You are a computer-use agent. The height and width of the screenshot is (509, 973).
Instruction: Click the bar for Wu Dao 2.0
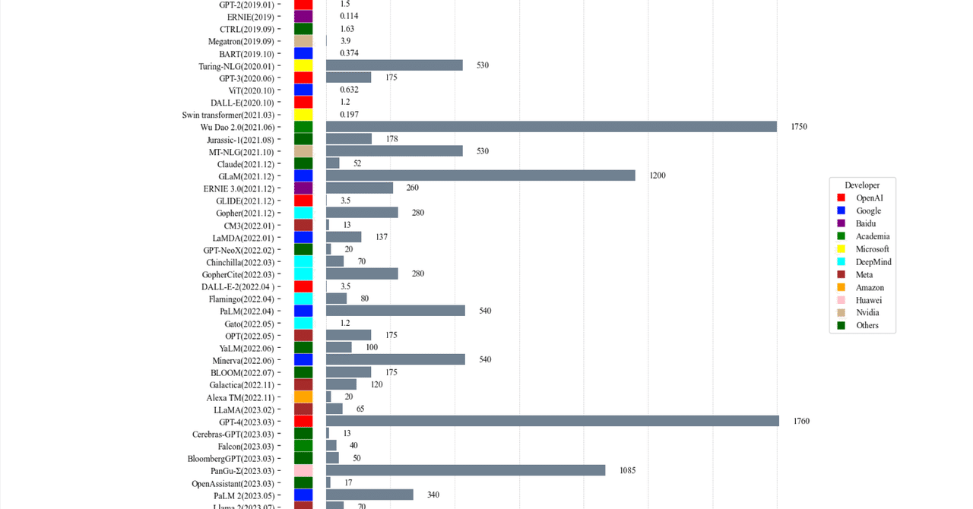click(x=551, y=127)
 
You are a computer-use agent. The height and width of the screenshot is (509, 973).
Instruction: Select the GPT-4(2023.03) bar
click(x=553, y=421)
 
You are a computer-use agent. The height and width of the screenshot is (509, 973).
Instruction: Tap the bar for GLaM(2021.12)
click(x=480, y=175)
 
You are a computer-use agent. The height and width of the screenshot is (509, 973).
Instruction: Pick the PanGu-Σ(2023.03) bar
click(x=465, y=470)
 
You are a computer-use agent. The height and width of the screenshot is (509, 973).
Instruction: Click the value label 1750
click(x=799, y=127)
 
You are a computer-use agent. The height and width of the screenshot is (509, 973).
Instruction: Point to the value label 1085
click(x=627, y=470)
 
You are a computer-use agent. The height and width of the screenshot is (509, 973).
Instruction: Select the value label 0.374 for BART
click(x=349, y=53)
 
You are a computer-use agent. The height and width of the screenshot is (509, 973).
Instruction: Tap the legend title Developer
click(x=862, y=185)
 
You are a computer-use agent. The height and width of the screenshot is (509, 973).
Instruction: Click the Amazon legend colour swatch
click(x=841, y=287)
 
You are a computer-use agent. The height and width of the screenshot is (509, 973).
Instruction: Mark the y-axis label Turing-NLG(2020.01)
click(x=236, y=66)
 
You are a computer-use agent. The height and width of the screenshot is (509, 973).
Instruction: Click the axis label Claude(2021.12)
click(x=246, y=164)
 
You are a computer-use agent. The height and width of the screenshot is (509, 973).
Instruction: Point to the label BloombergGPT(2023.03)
click(x=231, y=458)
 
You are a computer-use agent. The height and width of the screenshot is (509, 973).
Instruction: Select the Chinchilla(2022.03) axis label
click(x=239, y=262)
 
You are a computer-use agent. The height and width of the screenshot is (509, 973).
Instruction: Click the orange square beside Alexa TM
click(x=303, y=397)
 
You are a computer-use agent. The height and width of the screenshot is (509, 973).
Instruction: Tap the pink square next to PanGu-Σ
click(x=303, y=470)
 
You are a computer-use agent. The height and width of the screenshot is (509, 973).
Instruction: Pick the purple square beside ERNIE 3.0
click(x=303, y=188)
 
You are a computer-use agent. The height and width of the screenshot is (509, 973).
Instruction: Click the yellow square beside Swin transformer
click(x=303, y=115)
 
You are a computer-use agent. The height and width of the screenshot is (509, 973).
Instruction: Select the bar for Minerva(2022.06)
click(x=395, y=359)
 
